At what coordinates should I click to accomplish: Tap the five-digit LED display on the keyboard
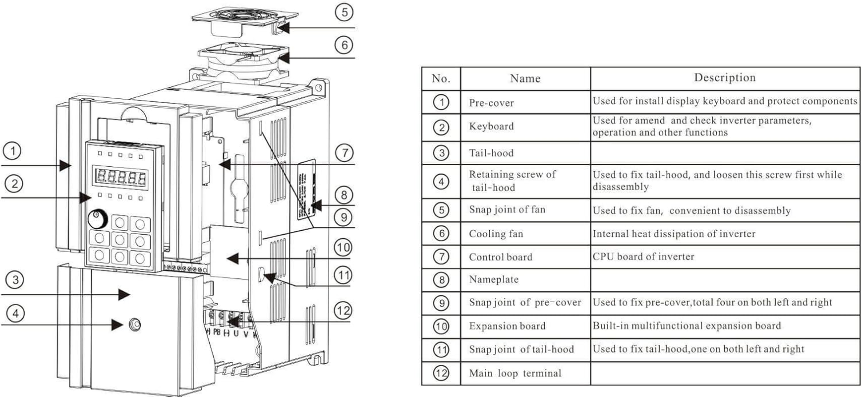(x=121, y=177)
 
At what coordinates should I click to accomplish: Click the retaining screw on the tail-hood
(x=134, y=325)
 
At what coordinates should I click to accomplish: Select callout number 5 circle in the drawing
(x=344, y=12)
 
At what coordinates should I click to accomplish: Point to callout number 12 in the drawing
(x=343, y=311)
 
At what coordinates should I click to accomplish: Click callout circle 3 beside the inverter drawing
(x=15, y=280)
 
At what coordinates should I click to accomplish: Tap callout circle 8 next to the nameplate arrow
(x=344, y=195)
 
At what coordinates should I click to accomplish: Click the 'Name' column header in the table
(x=525, y=78)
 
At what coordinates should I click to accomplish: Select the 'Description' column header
(x=725, y=77)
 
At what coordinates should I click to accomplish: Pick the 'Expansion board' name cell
(x=507, y=326)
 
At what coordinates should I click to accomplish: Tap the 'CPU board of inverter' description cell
(x=643, y=257)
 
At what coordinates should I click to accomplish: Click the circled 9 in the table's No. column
(x=441, y=303)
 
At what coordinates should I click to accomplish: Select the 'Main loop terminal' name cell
(x=515, y=373)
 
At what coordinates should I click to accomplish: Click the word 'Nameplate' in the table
(x=494, y=279)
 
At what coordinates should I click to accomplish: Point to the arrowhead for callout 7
(x=224, y=164)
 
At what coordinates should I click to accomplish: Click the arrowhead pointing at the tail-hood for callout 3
(x=124, y=294)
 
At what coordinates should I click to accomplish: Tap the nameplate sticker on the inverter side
(x=306, y=189)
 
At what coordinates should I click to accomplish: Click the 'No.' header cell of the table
(x=441, y=78)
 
